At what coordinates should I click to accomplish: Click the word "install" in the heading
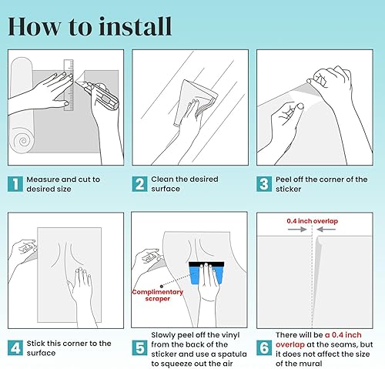pyautogui.click(x=136, y=26)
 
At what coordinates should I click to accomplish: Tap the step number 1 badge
pyautogui.click(x=15, y=184)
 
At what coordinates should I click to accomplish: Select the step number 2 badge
pyautogui.click(x=139, y=184)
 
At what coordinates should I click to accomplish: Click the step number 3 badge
pyautogui.click(x=264, y=184)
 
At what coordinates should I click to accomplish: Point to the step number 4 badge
pyautogui.click(x=15, y=348)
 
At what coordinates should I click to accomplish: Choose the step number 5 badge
pyautogui.click(x=139, y=348)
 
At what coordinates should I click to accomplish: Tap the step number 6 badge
pyautogui.click(x=264, y=348)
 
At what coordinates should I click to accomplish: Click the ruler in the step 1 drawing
pyautogui.click(x=69, y=86)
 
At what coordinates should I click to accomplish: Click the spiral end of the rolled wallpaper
pyautogui.click(x=23, y=140)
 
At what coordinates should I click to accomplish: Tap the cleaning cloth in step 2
pyautogui.click(x=195, y=102)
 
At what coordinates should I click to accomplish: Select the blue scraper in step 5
pyautogui.click(x=206, y=273)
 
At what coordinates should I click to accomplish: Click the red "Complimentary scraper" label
pyautogui.click(x=157, y=295)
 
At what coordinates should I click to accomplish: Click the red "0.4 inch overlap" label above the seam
pyautogui.click(x=312, y=221)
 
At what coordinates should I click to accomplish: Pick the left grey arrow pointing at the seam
pyautogui.click(x=297, y=230)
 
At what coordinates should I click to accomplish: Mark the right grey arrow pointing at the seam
pyautogui.click(x=326, y=230)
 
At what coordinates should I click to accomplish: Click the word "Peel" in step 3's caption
pyautogui.click(x=283, y=179)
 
